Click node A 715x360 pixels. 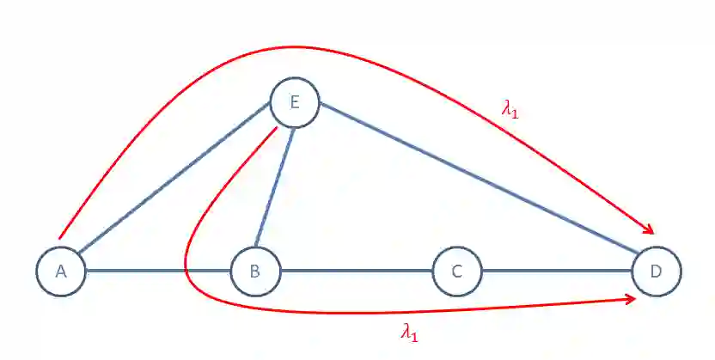tap(61, 272)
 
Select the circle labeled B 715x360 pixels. tap(255, 272)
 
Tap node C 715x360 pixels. tap(457, 272)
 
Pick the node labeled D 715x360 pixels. tap(656, 272)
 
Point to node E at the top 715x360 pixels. tap(295, 103)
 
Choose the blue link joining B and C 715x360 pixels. tap(357, 272)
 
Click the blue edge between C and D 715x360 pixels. tap(557, 272)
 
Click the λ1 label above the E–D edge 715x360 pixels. tap(510, 109)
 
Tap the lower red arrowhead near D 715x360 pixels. tap(632, 298)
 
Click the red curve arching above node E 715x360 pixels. tap(292, 47)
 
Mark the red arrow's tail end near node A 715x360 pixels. tap(59, 236)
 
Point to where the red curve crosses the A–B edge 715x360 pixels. tap(186, 272)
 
